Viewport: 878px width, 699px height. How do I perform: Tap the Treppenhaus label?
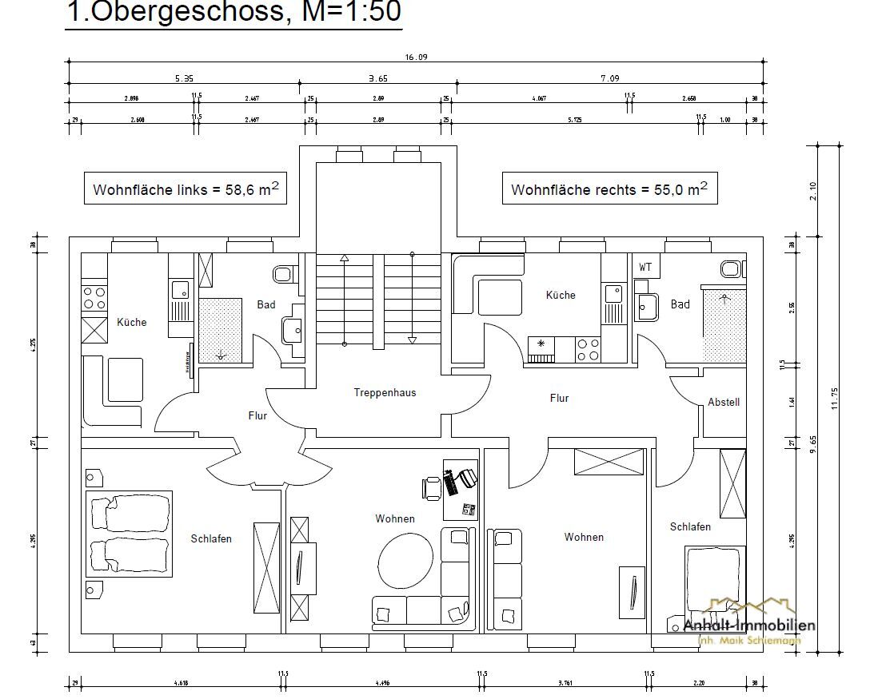click(x=385, y=393)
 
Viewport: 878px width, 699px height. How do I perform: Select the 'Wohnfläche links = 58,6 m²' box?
click(x=186, y=189)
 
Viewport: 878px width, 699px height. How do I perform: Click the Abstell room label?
click(x=724, y=403)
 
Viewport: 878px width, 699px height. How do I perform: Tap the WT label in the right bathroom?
click(x=645, y=267)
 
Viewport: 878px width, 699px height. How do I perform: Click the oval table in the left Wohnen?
click(x=405, y=559)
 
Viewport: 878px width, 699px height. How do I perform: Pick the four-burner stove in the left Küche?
click(x=94, y=298)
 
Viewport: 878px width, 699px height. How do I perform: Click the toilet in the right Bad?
click(x=731, y=268)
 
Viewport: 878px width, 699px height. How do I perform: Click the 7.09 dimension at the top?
click(x=609, y=78)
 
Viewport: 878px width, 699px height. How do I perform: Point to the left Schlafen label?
click(x=211, y=539)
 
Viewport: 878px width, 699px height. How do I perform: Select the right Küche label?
click(x=561, y=296)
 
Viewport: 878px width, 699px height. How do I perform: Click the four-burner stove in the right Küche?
click(x=589, y=349)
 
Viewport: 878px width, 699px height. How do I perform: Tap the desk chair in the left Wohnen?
click(x=433, y=486)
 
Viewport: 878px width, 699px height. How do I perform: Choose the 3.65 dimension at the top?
click(x=377, y=78)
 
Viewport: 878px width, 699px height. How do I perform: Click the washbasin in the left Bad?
click(x=293, y=329)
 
